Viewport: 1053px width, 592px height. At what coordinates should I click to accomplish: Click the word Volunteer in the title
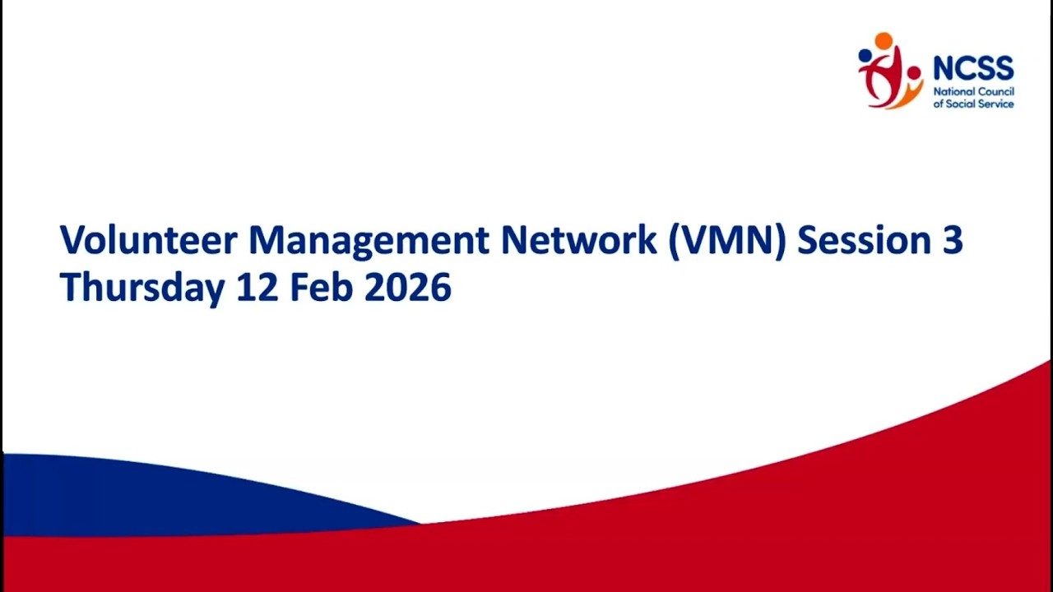pyautogui.click(x=149, y=240)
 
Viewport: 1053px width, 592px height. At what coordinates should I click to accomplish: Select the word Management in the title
pyautogui.click(x=369, y=242)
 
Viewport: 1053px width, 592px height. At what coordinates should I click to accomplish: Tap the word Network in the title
pyautogui.click(x=578, y=240)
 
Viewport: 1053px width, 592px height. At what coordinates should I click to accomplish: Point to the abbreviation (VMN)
pyautogui.click(x=727, y=241)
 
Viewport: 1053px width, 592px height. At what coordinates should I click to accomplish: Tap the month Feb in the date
pyautogui.click(x=322, y=287)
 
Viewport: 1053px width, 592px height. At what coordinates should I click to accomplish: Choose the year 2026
pyautogui.click(x=408, y=287)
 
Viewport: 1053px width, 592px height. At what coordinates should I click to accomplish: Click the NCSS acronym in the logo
pyautogui.click(x=973, y=68)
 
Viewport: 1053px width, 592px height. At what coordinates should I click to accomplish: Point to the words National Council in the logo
pyautogui.click(x=973, y=91)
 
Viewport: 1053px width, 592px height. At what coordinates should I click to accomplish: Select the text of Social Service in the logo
pyautogui.click(x=973, y=104)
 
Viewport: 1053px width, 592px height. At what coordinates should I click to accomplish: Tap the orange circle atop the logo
pyautogui.click(x=884, y=40)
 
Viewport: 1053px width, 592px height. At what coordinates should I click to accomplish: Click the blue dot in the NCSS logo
pyautogui.click(x=865, y=55)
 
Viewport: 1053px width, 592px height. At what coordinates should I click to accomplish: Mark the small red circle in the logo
pyautogui.click(x=914, y=73)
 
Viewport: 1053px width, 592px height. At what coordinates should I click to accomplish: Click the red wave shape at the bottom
pyautogui.click(x=705, y=526)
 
